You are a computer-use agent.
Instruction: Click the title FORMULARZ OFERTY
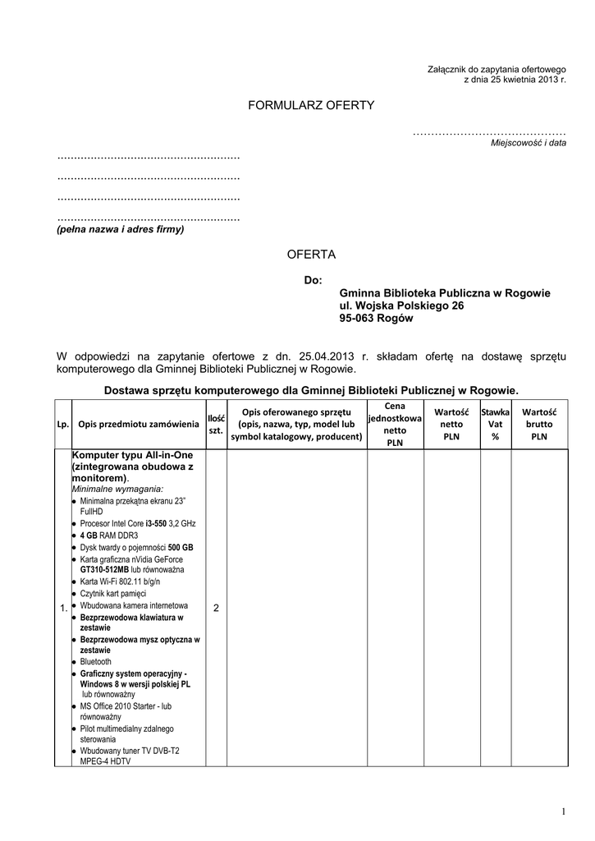point(311,105)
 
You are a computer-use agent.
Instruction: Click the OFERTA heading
point(311,255)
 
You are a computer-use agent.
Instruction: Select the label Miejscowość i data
point(529,143)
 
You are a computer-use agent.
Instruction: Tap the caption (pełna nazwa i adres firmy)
point(121,230)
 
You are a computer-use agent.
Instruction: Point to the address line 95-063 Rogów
point(377,319)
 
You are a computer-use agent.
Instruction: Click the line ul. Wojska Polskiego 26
point(401,306)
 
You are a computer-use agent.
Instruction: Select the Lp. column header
point(62,425)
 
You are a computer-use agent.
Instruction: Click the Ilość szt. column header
point(216,425)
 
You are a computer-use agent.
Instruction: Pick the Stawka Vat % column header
point(495,424)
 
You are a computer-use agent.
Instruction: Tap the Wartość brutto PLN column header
point(539,424)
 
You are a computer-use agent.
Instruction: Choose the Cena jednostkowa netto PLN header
point(395,424)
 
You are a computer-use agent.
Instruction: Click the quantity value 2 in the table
point(216,608)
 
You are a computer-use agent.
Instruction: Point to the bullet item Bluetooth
point(96,662)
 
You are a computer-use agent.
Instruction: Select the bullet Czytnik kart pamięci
point(112,593)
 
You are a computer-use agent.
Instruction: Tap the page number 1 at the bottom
point(564,812)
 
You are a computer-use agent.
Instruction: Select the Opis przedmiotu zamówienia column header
point(139,425)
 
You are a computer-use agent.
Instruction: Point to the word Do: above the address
point(313,281)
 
